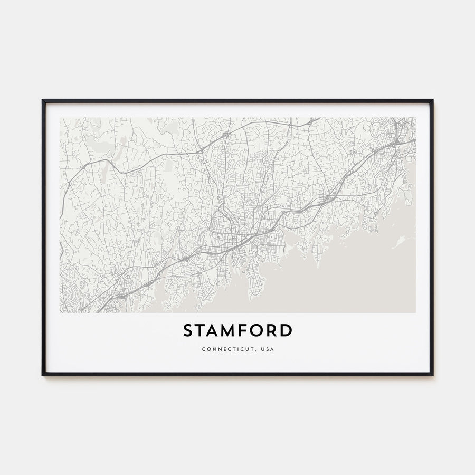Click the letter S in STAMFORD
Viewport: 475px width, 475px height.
point(189,331)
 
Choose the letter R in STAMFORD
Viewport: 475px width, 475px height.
point(273,331)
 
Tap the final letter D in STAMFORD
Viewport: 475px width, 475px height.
point(286,331)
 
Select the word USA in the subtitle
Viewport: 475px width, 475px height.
point(268,349)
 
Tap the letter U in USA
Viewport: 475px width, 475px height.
point(262,349)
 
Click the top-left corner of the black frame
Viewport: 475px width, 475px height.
point(43,100)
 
